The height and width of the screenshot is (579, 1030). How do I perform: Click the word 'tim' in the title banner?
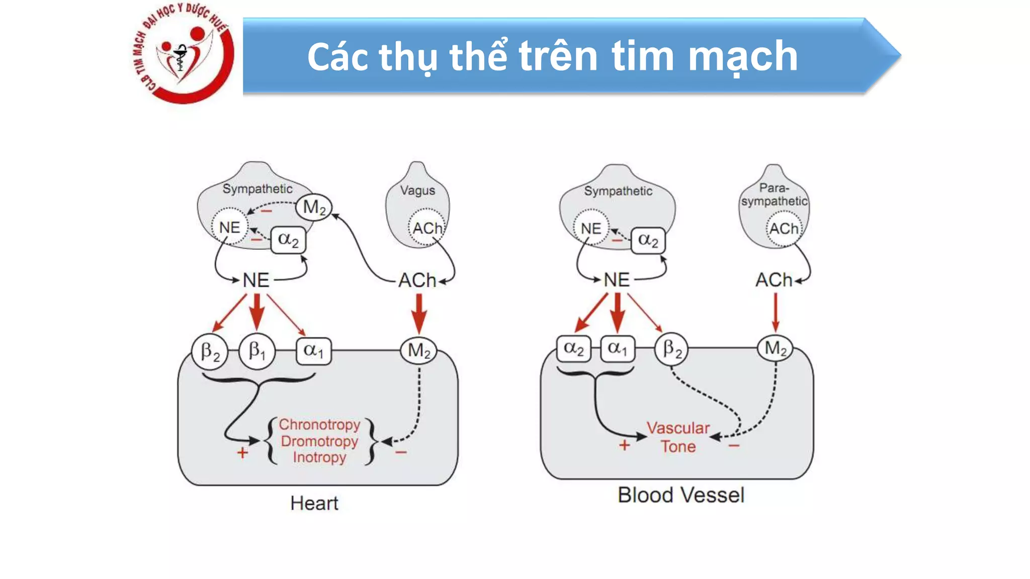(642, 56)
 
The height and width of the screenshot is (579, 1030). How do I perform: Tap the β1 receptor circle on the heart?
(257, 351)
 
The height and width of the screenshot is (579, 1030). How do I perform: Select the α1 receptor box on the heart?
(313, 350)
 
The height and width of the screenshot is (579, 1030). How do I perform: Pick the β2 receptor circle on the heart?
(210, 351)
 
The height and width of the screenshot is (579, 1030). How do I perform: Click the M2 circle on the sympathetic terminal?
(314, 207)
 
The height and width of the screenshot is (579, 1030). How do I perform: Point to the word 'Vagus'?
(417, 190)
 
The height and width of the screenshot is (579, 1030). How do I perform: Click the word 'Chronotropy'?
(319, 425)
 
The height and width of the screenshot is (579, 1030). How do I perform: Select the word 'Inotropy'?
(319, 457)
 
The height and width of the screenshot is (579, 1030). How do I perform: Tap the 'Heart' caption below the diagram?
(314, 503)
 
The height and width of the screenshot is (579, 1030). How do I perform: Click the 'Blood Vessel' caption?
(681, 495)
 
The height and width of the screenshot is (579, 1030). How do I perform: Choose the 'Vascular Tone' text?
(678, 437)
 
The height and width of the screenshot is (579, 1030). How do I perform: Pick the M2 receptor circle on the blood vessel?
(775, 348)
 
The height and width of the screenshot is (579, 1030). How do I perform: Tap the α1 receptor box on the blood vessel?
(618, 348)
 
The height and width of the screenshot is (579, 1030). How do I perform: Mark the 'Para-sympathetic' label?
(774, 195)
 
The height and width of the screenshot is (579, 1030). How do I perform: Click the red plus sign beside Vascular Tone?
(624, 445)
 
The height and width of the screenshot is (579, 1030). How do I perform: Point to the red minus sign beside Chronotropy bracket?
(401, 452)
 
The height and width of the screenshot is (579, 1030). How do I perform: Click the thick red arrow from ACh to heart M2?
(419, 313)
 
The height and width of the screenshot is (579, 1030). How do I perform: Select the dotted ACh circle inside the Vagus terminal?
(426, 228)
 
